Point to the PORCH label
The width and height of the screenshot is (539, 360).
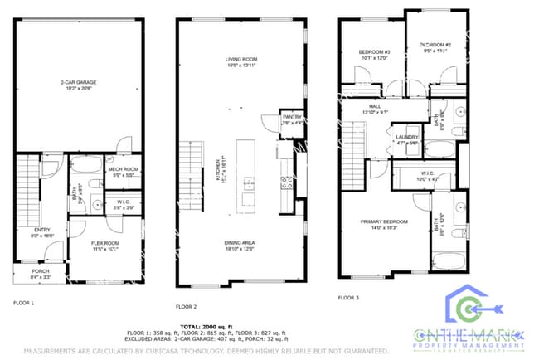point(40,270)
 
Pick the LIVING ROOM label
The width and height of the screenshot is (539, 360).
point(242,59)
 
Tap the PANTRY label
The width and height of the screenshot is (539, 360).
point(292,118)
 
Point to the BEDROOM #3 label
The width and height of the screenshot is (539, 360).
point(374,52)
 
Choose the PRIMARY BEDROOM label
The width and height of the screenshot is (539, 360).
point(384,221)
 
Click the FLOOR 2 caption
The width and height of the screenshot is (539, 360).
point(187,306)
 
